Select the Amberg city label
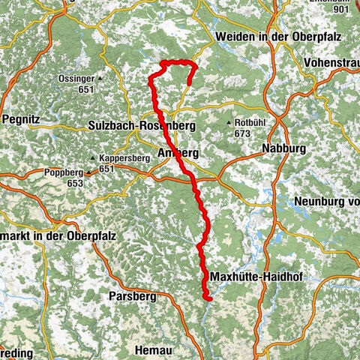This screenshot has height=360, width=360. (x=178, y=153)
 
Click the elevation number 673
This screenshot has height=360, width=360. (x=241, y=133)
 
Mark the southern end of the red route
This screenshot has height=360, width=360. (x=209, y=298)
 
